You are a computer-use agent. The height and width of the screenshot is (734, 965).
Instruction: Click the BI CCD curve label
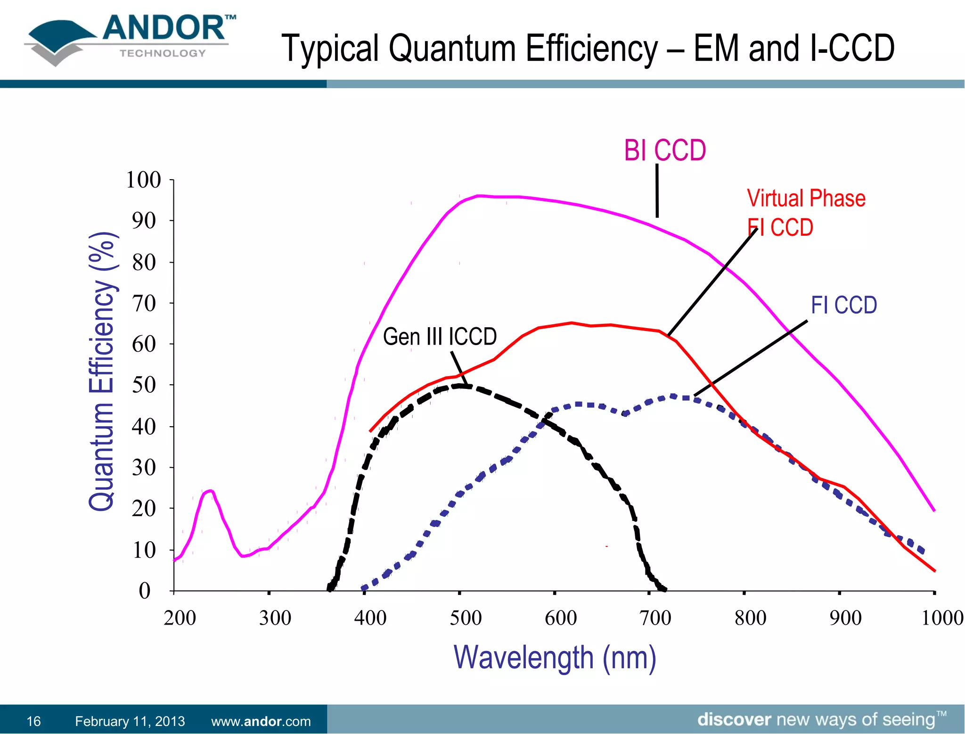664,151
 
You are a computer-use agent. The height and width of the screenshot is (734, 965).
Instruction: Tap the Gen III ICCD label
440,337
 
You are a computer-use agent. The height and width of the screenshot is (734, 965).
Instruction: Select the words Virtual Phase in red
806,198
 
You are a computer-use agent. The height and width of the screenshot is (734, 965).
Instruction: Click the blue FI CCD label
843,305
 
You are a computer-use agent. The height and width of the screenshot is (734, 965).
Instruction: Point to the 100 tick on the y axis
143,180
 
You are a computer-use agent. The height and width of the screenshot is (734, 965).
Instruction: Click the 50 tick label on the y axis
143,385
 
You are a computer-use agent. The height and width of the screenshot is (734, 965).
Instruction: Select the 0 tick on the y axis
145,591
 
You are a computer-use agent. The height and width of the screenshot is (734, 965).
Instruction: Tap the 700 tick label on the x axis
655,618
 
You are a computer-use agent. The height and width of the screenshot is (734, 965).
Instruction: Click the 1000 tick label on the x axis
941,618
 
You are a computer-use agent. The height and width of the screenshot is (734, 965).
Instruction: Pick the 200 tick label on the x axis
180,618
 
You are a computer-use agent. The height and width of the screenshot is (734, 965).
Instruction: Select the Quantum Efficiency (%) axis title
102,371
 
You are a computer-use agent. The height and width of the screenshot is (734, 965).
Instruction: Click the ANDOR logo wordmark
165,28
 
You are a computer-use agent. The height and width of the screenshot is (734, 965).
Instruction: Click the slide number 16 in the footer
33,721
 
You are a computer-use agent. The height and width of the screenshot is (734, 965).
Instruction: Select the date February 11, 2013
130,721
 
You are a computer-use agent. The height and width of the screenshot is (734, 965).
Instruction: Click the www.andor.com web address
261,721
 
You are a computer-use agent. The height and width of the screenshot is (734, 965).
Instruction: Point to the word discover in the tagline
734,720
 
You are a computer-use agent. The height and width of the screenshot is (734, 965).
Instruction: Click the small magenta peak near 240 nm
209,491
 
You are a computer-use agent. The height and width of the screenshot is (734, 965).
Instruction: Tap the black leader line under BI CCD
657,190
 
